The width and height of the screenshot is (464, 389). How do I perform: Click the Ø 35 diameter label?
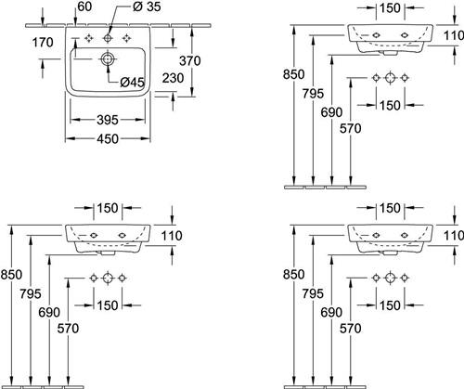click(147, 6)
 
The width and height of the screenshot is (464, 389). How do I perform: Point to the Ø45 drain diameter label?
click(132, 82)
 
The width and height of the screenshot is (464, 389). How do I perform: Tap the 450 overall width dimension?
click(108, 139)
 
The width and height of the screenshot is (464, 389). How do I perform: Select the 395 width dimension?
click(108, 120)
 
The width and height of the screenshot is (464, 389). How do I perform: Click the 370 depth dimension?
click(190, 61)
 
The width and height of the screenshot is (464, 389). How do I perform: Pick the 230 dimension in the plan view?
click(173, 78)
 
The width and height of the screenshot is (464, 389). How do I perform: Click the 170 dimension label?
click(43, 43)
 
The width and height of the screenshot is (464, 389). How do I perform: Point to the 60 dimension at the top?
click(84, 6)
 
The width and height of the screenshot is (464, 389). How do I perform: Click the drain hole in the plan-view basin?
click(108, 58)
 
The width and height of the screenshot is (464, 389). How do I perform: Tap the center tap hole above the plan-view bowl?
click(108, 38)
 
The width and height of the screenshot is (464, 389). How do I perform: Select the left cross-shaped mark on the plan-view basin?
click(89, 38)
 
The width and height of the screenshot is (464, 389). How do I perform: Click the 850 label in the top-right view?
click(293, 74)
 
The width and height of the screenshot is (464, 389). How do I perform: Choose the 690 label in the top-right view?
click(331, 112)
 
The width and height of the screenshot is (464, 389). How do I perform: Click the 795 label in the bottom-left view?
click(31, 293)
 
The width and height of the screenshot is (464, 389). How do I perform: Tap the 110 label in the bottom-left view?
click(172, 236)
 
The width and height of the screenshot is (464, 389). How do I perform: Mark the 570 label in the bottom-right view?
click(350, 329)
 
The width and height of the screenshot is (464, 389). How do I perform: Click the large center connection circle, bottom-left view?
click(108, 278)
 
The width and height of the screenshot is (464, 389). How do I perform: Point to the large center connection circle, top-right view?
click(391, 78)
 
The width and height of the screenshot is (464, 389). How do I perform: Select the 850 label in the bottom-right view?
click(293, 275)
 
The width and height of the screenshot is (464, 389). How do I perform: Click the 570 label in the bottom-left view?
click(68, 329)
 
